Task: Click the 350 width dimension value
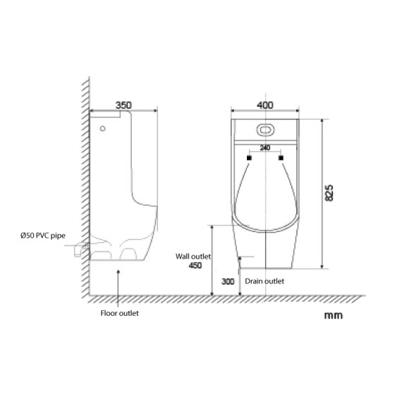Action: point(123,105)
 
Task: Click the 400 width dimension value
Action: point(265,105)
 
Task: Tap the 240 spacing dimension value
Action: point(265,147)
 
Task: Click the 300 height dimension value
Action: point(228,281)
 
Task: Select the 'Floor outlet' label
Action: point(119,313)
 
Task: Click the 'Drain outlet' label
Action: point(265,281)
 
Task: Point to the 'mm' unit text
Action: point(333,315)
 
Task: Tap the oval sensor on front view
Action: point(265,130)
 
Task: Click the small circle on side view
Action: point(104,129)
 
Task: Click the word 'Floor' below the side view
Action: point(109,313)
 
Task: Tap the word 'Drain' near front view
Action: point(254,281)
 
